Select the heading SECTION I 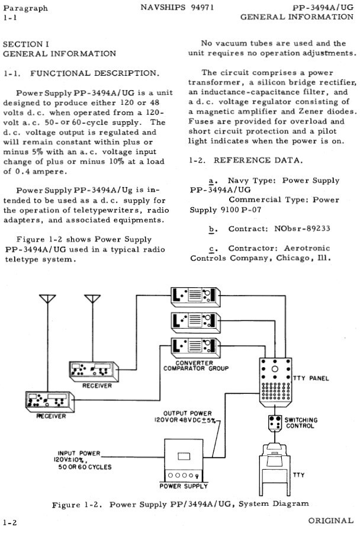point(26,44)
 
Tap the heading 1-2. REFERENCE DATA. point(246,160)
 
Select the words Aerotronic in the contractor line point(301,248)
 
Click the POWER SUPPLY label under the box point(184,486)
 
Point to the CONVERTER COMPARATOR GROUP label point(195,365)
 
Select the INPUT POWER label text point(80,453)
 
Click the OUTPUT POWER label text point(187,413)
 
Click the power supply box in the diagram point(184,461)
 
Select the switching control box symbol point(274,422)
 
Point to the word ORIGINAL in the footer point(330,520)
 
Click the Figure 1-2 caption point(181,504)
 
